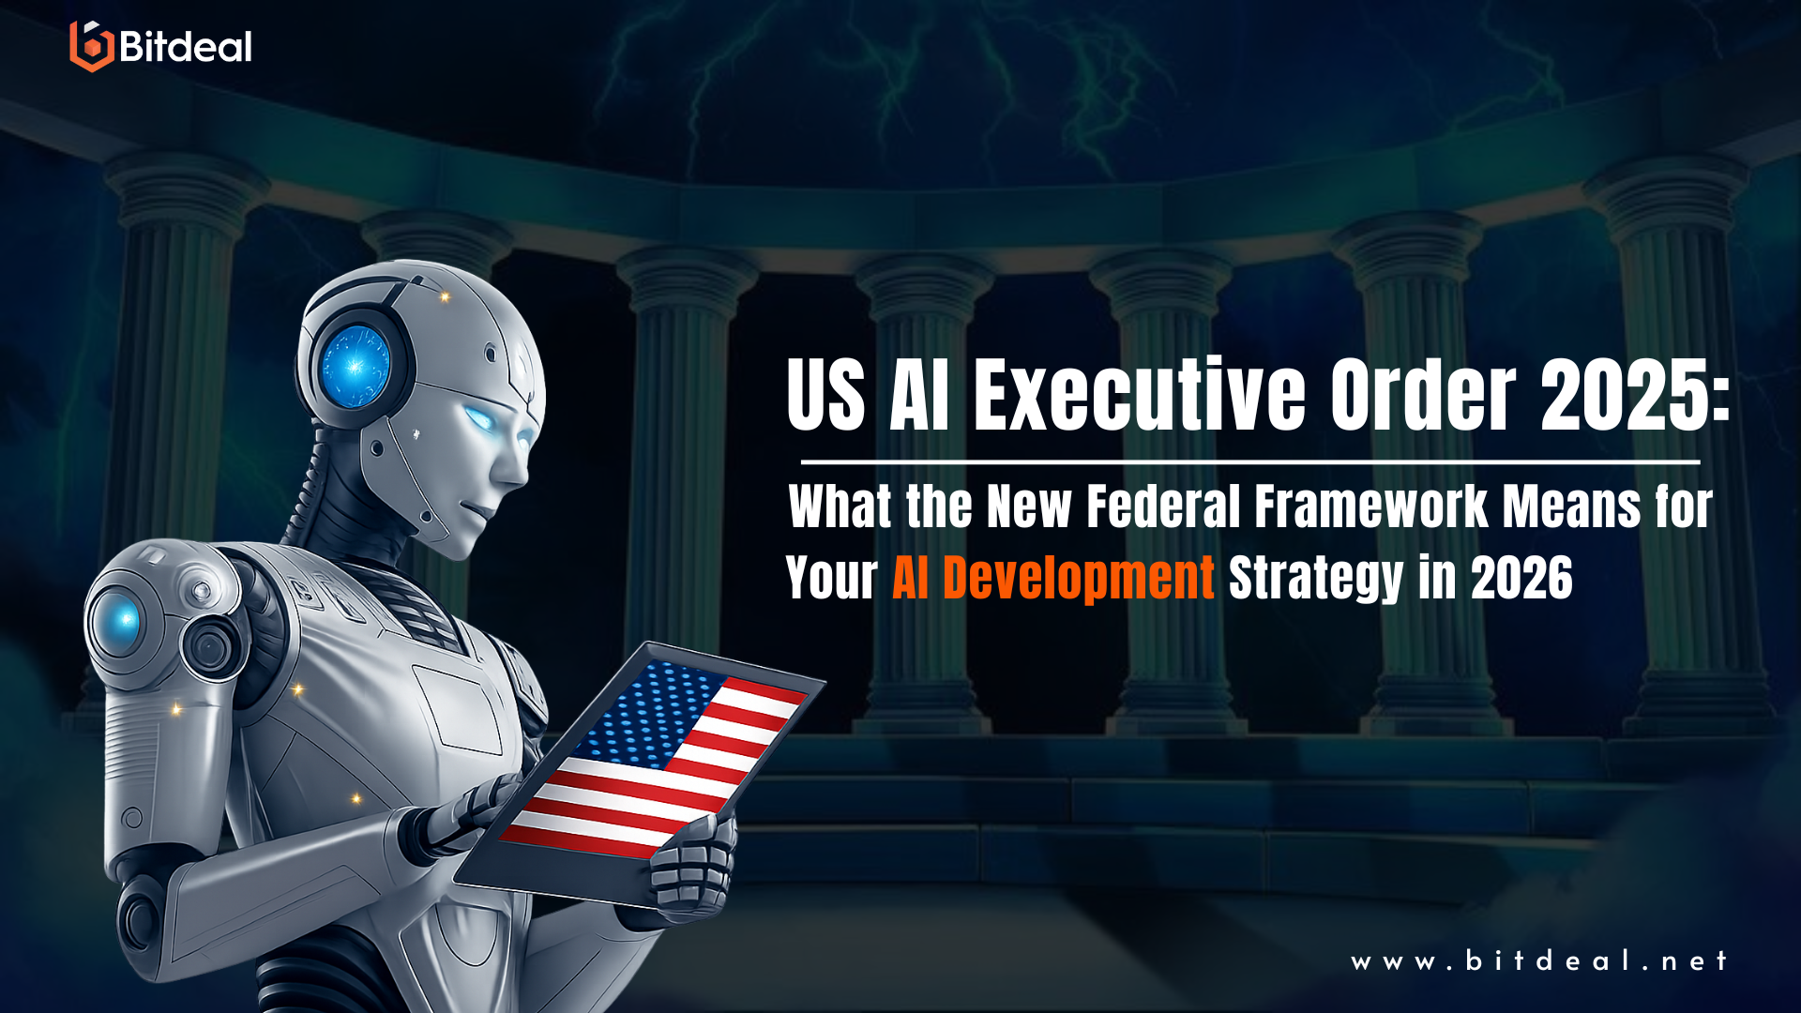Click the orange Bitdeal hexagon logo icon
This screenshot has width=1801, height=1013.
tap(91, 46)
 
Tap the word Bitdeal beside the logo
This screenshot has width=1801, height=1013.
tap(186, 47)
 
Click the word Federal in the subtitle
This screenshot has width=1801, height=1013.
tap(1163, 507)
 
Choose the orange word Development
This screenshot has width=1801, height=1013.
tap(1078, 578)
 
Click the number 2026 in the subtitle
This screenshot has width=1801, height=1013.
tap(1521, 578)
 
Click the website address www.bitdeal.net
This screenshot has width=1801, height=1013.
tap(1538, 961)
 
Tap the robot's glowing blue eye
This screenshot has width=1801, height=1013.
tap(482, 418)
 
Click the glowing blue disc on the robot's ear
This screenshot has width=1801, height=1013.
tap(355, 366)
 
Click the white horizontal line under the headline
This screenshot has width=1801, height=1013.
tap(1249, 462)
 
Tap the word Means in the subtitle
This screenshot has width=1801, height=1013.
tap(1571, 507)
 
